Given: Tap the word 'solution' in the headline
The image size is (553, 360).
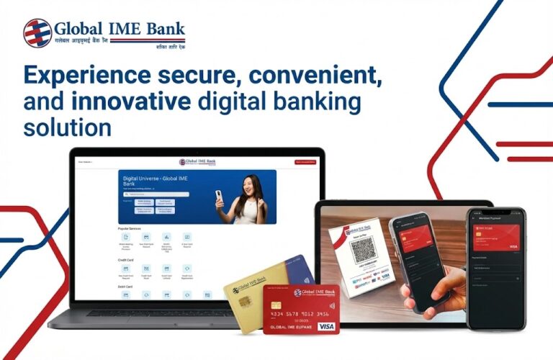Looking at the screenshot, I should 68,129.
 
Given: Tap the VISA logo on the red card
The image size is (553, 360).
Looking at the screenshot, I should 326,326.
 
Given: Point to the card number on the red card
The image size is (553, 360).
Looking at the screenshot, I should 300,314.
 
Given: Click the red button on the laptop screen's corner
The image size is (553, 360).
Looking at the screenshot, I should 307,162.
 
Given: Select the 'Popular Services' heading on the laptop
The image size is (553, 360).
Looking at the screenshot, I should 129,228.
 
